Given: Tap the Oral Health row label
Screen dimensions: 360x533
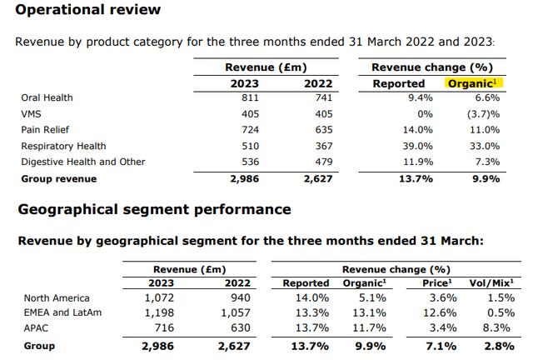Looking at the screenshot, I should pyautogui.click(x=47, y=97).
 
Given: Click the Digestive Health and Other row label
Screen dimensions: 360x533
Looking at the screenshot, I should pyautogui.click(x=82, y=162).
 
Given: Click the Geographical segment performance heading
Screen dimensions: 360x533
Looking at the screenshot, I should pyautogui.click(x=154, y=209).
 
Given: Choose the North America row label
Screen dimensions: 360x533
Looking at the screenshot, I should pyautogui.click(x=57, y=297).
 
